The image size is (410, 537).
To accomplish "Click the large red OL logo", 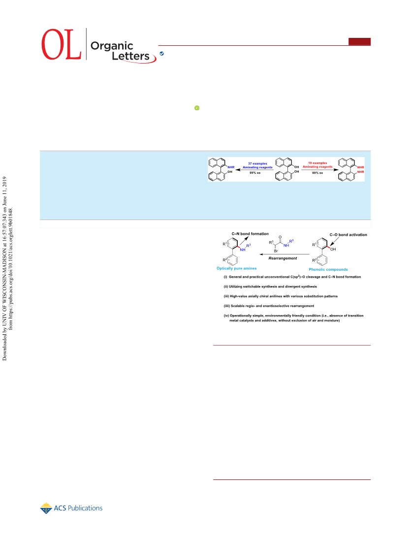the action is [x=62, y=44].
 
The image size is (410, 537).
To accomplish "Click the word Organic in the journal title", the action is [x=112, y=46].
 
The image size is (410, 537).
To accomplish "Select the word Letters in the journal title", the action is [x=130, y=56].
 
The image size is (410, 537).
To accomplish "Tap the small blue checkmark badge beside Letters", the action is [x=161, y=54].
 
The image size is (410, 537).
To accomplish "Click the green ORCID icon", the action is [x=197, y=108].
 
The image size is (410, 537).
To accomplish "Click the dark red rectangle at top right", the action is [x=359, y=41].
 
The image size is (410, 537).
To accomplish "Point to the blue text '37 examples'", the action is [x=257, y=164].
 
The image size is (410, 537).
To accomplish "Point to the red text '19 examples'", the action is [x=317, y=163].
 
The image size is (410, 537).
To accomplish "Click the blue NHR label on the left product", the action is [x=231, y=167].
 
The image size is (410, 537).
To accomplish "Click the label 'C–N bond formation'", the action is [x=250, y=234].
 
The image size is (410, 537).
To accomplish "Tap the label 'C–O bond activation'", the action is [x=348, y=235].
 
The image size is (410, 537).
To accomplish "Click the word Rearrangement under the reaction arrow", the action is [x=283, y=258].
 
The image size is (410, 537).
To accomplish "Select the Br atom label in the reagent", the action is [x=276, y=251].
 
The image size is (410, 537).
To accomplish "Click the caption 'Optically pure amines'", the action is [x=236, y=269].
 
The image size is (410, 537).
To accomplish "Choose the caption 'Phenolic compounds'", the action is [x=328, y=270].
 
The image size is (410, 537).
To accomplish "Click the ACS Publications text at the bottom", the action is [x=78, y=508].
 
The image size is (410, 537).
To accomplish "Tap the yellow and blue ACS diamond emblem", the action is [x=46, y=508].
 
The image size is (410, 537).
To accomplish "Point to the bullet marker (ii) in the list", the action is [x=226, y=286].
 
